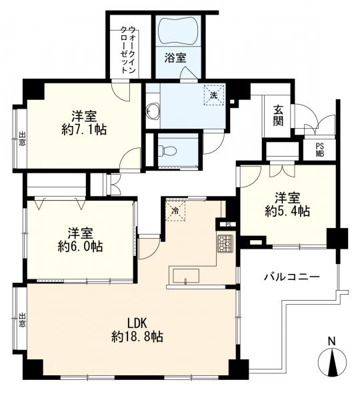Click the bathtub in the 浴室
coord(177,30)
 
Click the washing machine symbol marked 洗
coord(214,95)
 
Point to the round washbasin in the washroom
coord(153,111)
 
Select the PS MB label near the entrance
coord(319,151)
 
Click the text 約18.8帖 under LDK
coord(138,338)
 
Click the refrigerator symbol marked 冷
coord(175,211)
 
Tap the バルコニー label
coord(291,276)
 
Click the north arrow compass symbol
coord(331,363)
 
